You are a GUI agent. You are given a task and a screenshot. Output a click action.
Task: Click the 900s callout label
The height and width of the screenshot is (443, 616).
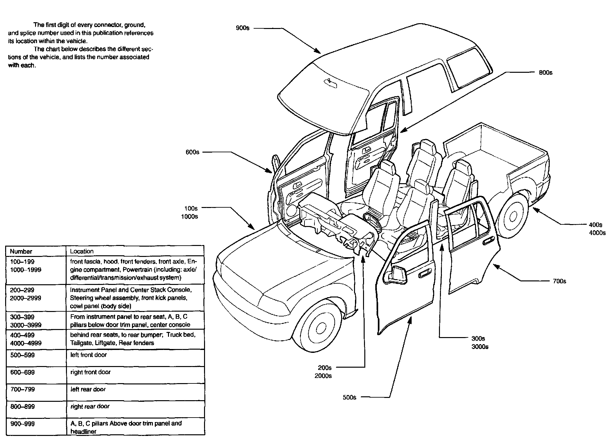pyautogui.click(x=242, y=28)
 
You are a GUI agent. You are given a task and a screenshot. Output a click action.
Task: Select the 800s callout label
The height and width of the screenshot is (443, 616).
pyautogui.click(x=546, y=73)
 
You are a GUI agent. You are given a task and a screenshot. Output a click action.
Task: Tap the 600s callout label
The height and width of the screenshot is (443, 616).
pyautogui.click(x=192, y=152)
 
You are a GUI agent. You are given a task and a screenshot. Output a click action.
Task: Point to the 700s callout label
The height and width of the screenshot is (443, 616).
pyautogui.click(x=559, y=281)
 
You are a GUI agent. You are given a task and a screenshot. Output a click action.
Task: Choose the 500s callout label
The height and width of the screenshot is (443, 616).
pyautogui.click(x=350, y=397)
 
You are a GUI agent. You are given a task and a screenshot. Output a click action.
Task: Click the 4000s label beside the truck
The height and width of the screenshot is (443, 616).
pyautogui.click(x=597, y=233)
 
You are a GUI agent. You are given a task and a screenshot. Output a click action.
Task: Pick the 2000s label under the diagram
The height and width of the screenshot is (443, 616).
pyautogui.click(x=323, y=376)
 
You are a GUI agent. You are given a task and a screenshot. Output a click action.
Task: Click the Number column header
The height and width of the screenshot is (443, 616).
pyautogui.click(x=21, y=251)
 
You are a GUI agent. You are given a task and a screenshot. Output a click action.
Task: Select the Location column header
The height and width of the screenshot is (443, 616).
pyautogui.click(x=82, y=251)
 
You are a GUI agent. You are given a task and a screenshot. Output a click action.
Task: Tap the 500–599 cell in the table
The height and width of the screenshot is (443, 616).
pyautogui.click(x=22, y=355)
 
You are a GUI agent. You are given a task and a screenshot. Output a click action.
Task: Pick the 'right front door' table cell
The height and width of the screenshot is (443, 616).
pyautogui.click(x=90, y=372)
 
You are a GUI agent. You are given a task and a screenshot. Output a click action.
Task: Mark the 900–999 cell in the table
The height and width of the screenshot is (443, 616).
pyautogui.click(x=22, y=424)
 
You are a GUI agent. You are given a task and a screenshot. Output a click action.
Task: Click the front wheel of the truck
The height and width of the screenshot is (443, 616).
pyautogui.click(x=321, y=328)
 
